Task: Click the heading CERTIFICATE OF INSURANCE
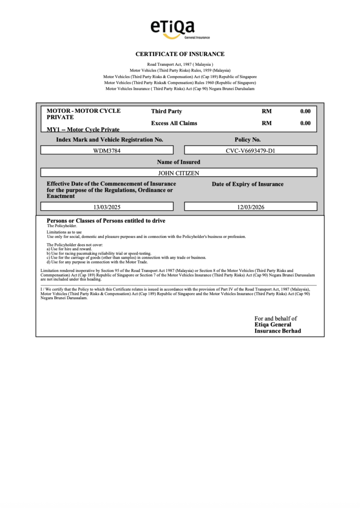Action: coord(180,54)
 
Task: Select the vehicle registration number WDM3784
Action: coord(107,150)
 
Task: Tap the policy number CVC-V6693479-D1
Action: coord(250,150)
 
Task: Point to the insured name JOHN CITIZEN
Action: coord(179,173)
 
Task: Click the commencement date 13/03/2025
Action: coord(107,206)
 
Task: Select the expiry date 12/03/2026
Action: coord(250,206)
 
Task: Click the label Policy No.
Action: coord(247,140)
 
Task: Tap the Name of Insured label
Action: coord(179,162)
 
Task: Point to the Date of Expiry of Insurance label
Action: coord(248,184)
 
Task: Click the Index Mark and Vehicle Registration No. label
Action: coord(110,140)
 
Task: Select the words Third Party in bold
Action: coord(166,111)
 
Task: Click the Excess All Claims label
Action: coord(174,123)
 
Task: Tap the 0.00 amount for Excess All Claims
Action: coord(305,123)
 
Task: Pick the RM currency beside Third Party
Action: coord(266,111)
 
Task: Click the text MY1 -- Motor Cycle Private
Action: coord(83,129)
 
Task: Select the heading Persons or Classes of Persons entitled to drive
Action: coord(106,221)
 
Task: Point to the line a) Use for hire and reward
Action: coord(69,249)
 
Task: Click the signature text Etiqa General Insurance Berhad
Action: coord(278,328)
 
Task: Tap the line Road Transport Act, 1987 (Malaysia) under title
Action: coord(180,64)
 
